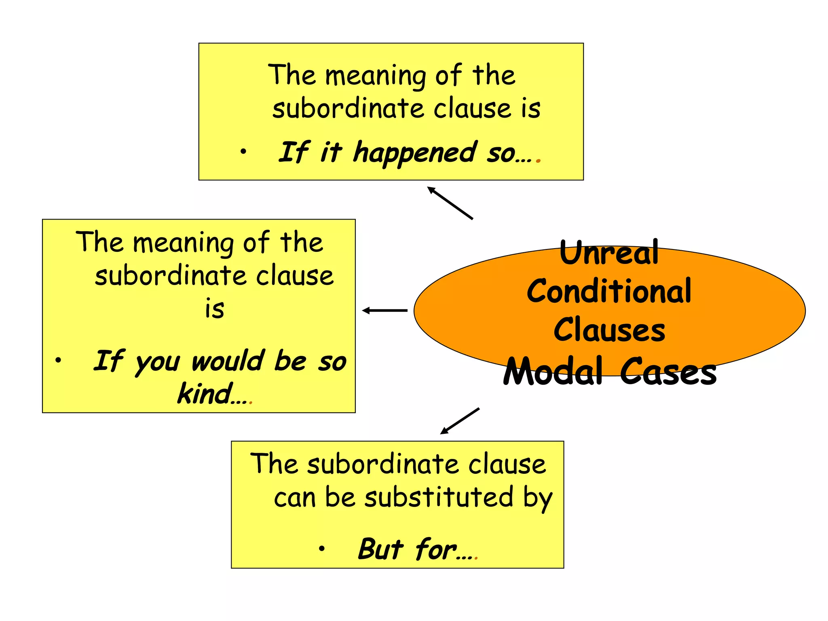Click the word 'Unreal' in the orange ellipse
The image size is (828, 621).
(609, 253)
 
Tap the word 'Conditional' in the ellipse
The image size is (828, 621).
(609, 291)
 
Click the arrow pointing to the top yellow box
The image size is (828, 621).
(450, 203)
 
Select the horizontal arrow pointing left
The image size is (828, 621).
(385, 310)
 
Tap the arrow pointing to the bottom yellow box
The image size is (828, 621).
(460, 421)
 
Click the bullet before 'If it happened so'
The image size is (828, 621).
(243, 152)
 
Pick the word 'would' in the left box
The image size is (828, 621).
(228, 361)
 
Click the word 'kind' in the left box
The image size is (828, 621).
(205, 393)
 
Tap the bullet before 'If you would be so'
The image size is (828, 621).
(59, 359)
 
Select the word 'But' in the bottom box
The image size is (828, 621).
(380, 549)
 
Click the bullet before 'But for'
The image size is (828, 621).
(321, 548)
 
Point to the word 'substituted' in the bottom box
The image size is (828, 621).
(439, 497)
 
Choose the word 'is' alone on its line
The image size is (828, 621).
(214, 309)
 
